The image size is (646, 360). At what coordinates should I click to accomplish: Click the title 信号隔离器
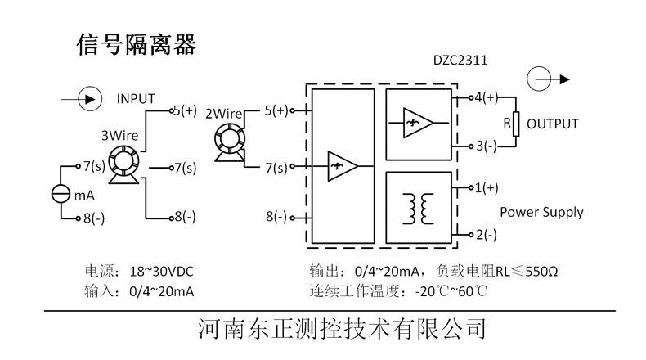(x=137, y=44)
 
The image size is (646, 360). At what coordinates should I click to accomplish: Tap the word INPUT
(x=136, y=98)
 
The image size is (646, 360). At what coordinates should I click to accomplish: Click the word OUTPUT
(x=552, y=124)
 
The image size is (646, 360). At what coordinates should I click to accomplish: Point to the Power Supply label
(x=541, y=212)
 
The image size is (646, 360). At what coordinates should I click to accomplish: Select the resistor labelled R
(x=515, y=123)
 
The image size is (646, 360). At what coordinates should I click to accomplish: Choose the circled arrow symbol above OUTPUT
(x=541, y=79)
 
